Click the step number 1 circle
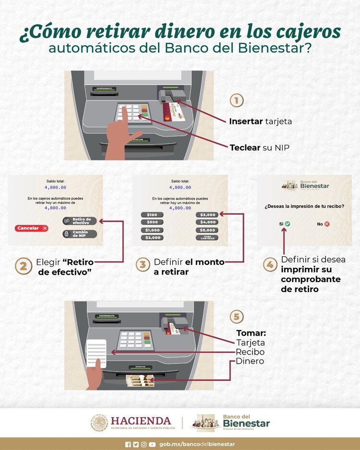click(236, 100)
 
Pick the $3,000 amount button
click(208, 214)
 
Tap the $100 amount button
click(152, 214)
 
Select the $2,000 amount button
click(152, 237)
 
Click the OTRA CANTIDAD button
click(208, 237)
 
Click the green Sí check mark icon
click(288, 224)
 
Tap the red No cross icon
click(326, 224)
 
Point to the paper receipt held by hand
click(96, 353)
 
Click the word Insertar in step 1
click(246, 121)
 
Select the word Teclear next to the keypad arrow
click(245, 147)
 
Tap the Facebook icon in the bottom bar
click(128, 444)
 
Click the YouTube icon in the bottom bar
click(152, 444)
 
